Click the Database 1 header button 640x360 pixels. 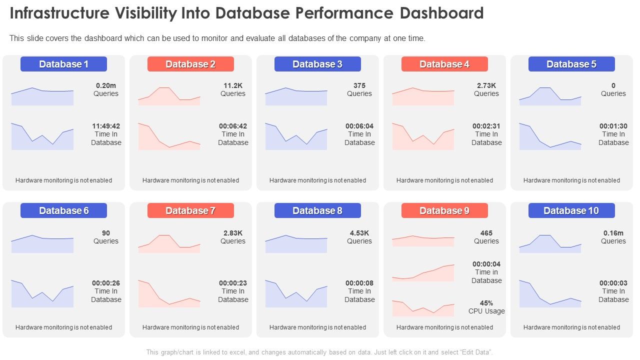click(x=63, y=64)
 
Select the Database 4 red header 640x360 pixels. click(x=444, y=64)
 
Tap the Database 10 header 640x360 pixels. click(x=571, y=210)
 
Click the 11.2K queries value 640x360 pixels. click(x=233, y=85)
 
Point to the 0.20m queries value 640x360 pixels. click(x=106, y=85)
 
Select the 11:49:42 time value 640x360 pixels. click(x=106, y=126)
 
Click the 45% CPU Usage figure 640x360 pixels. click(x=486, y=303)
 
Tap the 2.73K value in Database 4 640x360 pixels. click(x=486, y=85)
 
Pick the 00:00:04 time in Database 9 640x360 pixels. click(x=486, y=264)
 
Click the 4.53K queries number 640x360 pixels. click(x=359, y=233)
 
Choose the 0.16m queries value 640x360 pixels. click(x=613, y=233)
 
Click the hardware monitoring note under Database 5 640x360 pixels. click(x=571, y=180)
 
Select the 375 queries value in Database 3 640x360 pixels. click(x=359, y=85)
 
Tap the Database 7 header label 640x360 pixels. click(x=190, y=210)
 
